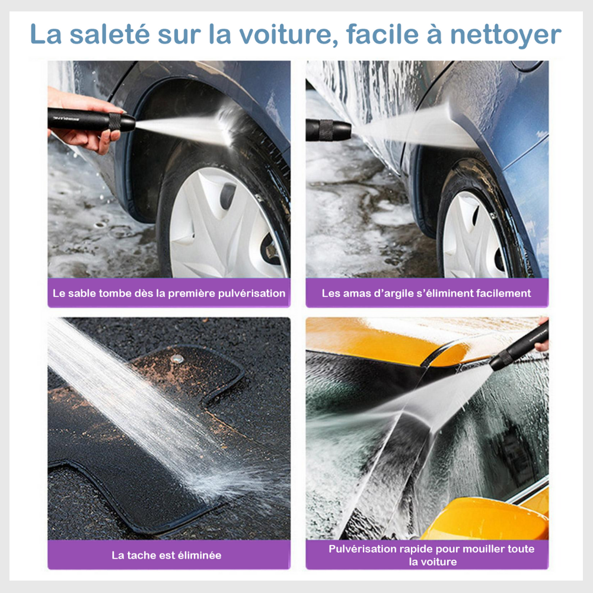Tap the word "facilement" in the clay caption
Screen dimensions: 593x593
click(x=503, y=294)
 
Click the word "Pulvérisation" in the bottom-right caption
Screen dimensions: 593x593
click(x=362, y=549)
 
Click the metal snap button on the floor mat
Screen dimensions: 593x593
click(x=176, y=359)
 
